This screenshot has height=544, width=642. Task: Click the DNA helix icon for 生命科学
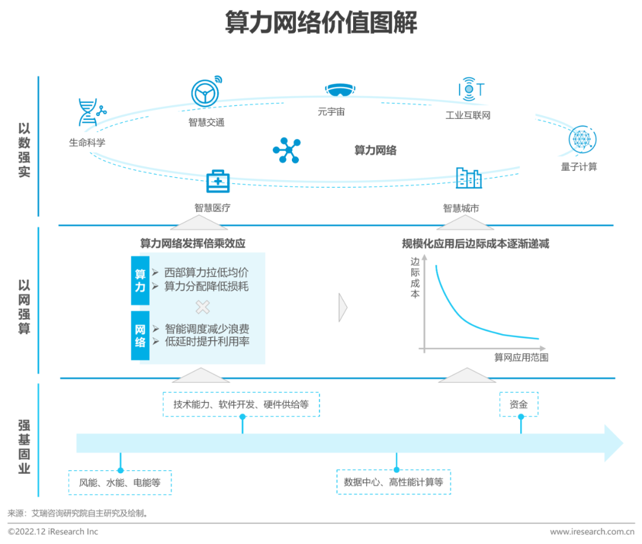[91, 112]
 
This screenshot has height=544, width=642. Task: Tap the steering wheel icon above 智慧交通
[206, 92]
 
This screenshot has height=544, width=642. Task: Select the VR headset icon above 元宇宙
[340, 90]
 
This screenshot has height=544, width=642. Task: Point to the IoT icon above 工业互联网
[471, 89]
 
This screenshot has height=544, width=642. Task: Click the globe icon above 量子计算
[582, 140]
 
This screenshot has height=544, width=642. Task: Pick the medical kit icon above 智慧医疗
[218, 181]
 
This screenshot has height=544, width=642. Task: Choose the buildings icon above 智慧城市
[469, 178]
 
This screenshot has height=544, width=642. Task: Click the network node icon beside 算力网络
[287, 150]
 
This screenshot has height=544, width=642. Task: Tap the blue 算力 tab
[140, 281]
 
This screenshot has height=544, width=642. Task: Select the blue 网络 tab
[140, 335]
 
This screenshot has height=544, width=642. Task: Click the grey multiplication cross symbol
[203, 307]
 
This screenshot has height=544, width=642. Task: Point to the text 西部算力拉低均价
[206, 272]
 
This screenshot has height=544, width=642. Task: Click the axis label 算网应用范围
[521, 357]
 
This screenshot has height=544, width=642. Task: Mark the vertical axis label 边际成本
[415, 277]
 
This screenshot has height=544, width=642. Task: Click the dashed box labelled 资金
[519, 404]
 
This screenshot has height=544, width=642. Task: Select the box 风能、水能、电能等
[119, 483]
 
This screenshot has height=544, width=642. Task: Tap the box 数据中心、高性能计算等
[394, 482]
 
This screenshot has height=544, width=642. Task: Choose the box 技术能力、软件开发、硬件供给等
[241, 404]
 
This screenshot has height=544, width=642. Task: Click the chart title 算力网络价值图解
[322, 22]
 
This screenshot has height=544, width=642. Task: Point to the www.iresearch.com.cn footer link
[592, 532]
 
